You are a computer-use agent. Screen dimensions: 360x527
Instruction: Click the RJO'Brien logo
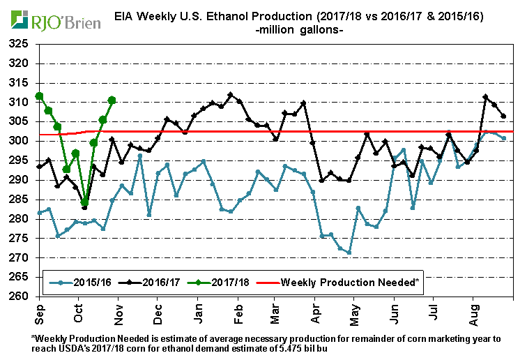pos(52,20)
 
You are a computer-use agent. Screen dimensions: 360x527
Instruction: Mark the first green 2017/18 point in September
pos(40,96)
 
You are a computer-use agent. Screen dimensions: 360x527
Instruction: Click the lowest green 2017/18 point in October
pos(85,202)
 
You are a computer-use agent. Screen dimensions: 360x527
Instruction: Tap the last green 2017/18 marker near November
pos(112,100)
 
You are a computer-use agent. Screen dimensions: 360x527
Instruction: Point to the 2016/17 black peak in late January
pos(231,95)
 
